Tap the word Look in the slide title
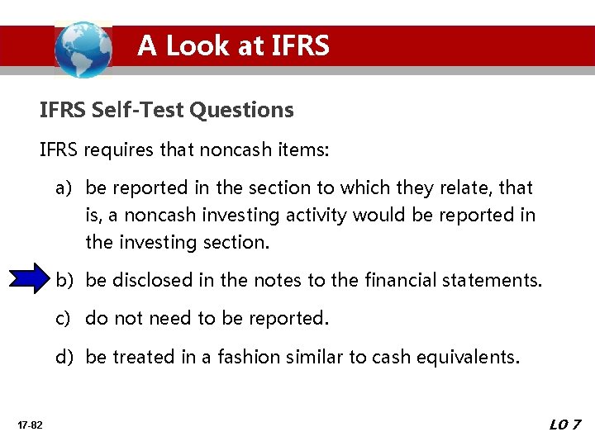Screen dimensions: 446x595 pyautogui.click(x=198, y=45)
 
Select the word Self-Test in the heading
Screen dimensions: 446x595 pyautogui.click(x=140, y=109)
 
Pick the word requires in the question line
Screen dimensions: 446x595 pyautogui.click(x=121, y=151)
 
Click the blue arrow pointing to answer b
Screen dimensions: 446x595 pyautogui.click(x=30, y=279)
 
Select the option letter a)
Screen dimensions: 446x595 pyautogui.click(x=64, y=188)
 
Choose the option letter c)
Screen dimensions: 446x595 pyautogui.click(x=64, y=318)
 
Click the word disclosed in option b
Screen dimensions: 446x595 pyautogui.click(x=155, y=280)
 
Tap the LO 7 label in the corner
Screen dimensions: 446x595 pyautogui.click(x=566, y=425)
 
